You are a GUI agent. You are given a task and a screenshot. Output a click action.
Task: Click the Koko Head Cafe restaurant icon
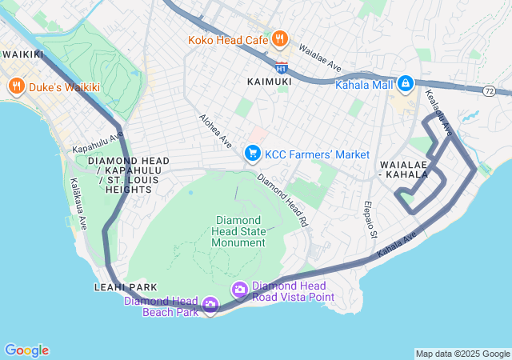click(279, 38)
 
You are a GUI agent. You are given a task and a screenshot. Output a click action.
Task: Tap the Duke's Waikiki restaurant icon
click(15, 86)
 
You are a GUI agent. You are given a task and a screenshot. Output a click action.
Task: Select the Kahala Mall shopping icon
click(405, 83)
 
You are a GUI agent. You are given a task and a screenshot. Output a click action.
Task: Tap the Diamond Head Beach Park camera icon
click(210, 304)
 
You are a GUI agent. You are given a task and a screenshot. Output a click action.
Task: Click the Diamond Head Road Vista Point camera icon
click(238, 289)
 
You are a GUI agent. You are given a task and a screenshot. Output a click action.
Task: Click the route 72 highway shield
click(489, 91)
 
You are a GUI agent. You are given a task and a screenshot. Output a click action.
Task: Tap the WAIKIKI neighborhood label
click(22, 54)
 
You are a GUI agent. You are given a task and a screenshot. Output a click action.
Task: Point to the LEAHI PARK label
click(125, 287)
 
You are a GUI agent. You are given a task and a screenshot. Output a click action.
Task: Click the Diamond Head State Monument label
click(237, 231)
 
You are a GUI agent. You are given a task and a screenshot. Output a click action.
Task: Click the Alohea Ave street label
click(216, 130)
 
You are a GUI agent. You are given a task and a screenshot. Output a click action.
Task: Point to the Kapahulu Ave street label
click(98, 143)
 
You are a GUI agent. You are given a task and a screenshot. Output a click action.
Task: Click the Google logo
click(26, 350)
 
